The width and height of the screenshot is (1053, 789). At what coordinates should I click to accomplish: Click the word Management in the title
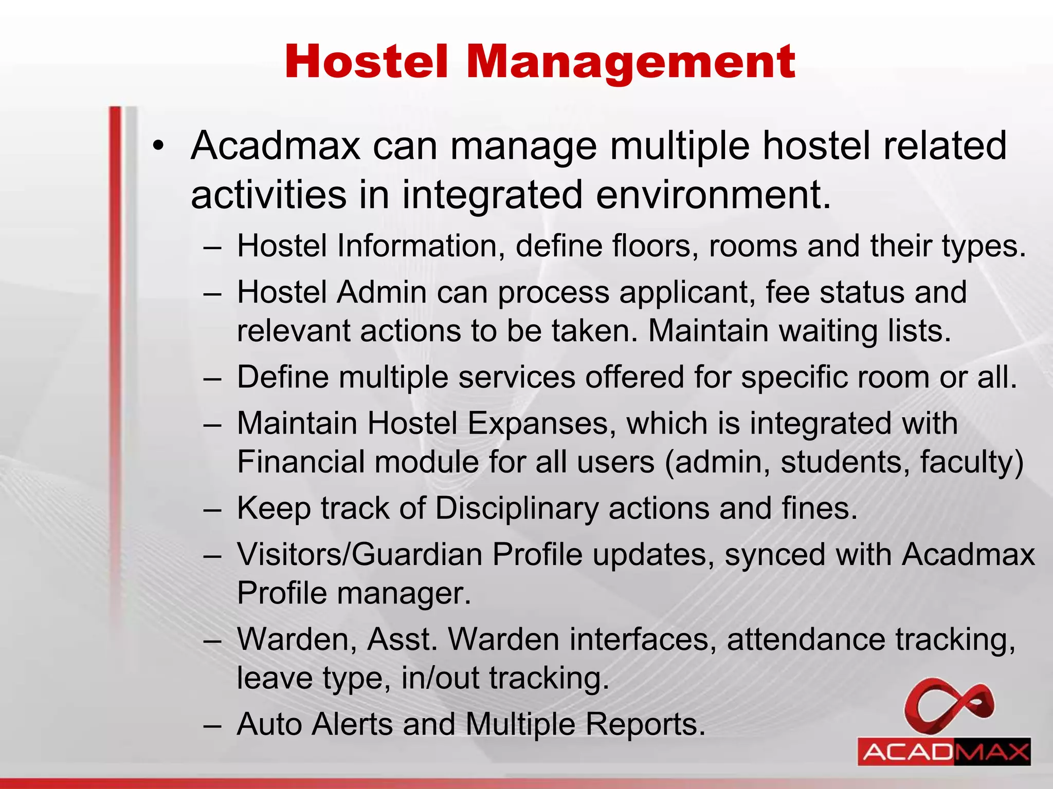pos(631,63)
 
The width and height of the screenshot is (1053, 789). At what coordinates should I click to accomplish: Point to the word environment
pos(713,195)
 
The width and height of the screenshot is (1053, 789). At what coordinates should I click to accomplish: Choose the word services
pos(516,377)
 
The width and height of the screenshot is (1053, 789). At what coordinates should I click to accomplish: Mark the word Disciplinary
pos(517,509)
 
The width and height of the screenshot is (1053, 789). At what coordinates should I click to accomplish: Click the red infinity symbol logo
pos(949,706)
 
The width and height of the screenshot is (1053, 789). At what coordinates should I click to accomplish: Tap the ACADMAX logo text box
pos(944,752)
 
